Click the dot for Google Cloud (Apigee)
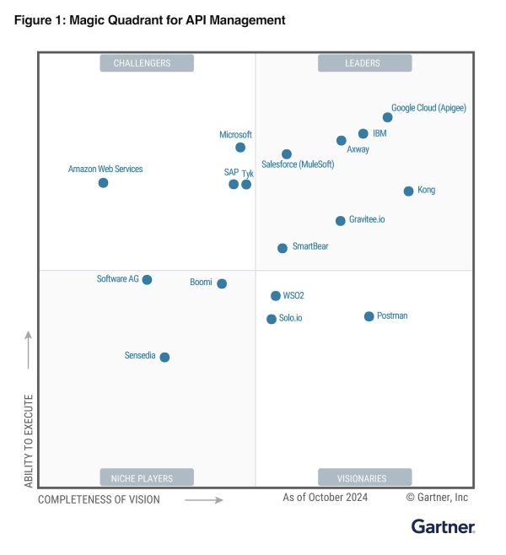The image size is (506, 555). point(387,117)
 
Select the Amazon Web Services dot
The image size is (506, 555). point(103,182)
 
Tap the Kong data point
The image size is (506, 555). point(408,191)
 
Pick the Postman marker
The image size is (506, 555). point(369,316)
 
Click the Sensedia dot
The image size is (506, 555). point(164,357)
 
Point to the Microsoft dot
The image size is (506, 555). point(240,148)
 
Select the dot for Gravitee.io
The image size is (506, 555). point(341,220)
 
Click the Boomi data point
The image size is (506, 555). point(222,283)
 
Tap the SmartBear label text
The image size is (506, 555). point(310,246)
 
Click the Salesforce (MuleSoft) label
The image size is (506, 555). point(298,164)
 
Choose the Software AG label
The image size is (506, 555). point(117,278)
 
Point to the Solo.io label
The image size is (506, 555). point(290,318)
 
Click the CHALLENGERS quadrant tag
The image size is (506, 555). point(147,63)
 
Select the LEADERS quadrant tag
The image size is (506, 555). point(364,63)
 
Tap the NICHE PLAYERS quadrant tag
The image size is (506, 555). point(147,478)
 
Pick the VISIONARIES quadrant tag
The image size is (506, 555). point(364,478)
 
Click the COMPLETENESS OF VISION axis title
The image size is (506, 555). point(99,499)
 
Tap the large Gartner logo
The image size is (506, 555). point(443,527)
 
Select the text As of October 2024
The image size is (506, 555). point(326,498)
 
